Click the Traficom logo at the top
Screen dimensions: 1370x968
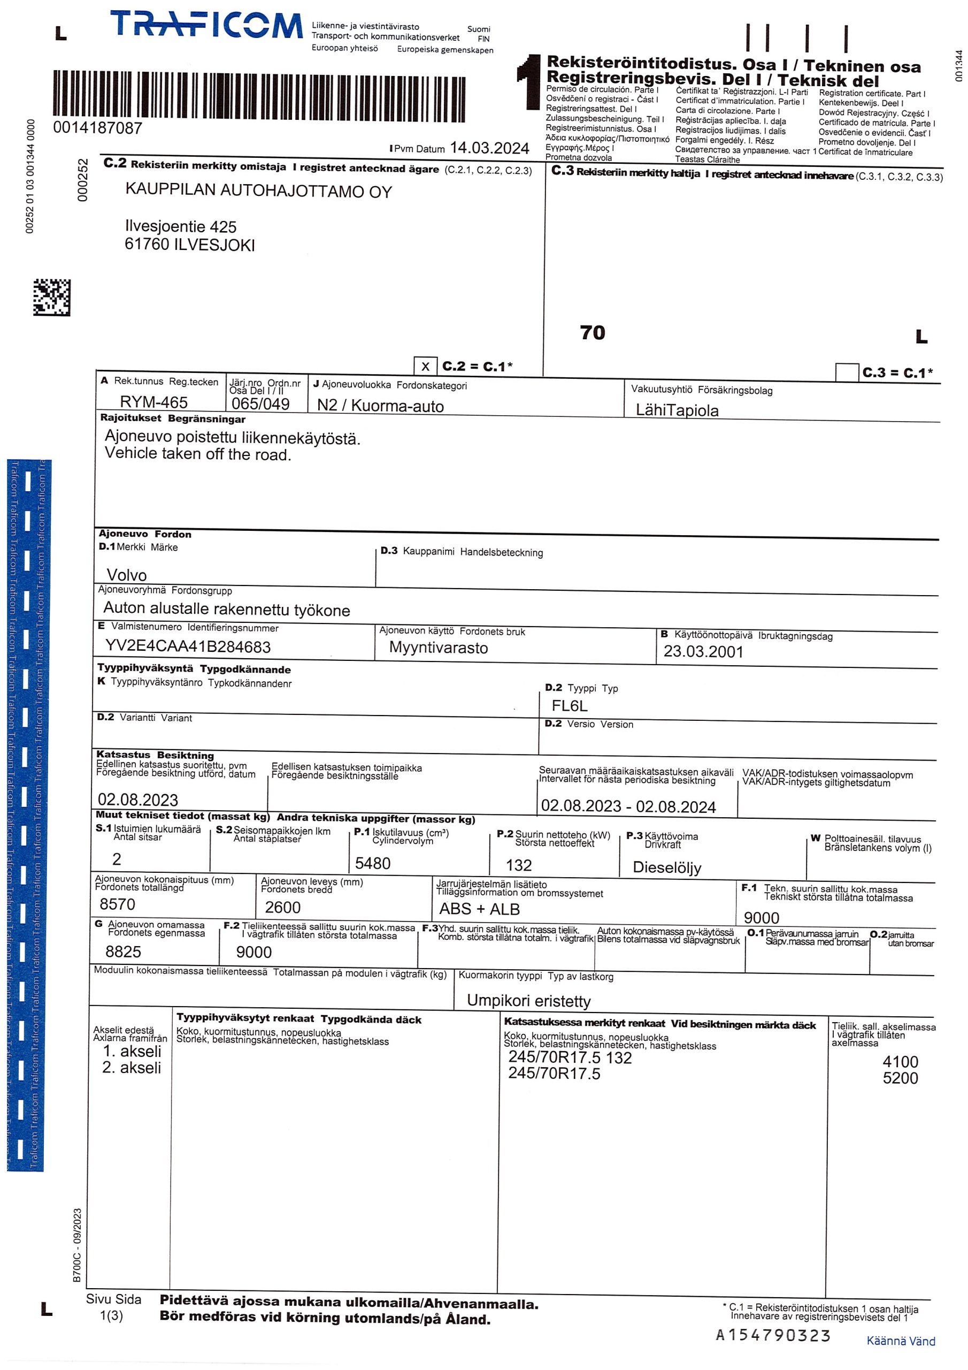[x=206, y=25]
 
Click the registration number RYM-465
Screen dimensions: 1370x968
[x=154, y=402]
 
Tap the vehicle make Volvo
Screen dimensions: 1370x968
[x=126, y=575]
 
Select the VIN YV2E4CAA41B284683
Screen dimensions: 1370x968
[x=188, y=647]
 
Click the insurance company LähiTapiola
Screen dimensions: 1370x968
[x=677, y=410]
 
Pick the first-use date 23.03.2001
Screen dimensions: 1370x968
[x=703, y=652]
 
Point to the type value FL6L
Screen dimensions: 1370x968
[x=570, y=706]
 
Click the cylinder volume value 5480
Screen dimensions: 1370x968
[x=373, y=863]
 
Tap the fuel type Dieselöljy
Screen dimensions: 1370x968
[x=667, y=867]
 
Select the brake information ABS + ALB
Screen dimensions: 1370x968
[x=480, y=909]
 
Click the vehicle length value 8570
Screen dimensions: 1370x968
[x=118, y=904]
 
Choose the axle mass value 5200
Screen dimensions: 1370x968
[x=900, y=1078]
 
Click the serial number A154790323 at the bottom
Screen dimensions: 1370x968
[x=773, y=1335]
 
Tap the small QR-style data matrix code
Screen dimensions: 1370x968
[x=52, y=297]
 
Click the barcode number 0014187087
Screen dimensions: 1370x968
[x=98, y=128]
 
